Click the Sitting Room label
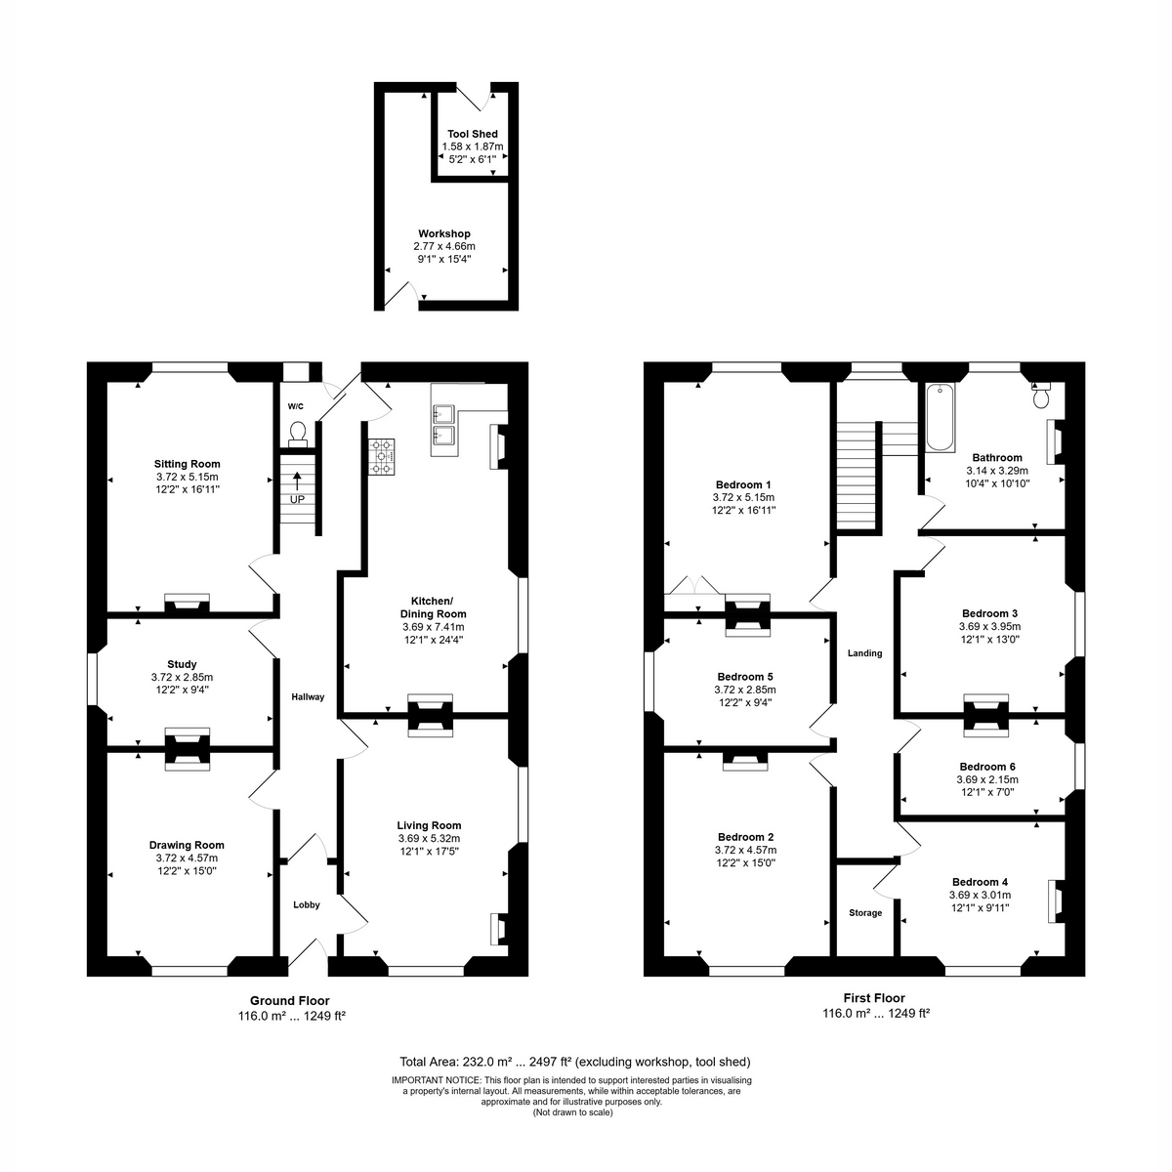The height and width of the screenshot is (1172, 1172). point(187,464)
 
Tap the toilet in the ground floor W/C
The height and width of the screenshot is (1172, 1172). point(298,435)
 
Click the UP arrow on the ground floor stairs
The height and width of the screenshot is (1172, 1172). point(298,481)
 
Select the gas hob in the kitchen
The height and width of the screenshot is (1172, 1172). point(381,457)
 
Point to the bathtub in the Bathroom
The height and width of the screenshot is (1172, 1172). point(941,417)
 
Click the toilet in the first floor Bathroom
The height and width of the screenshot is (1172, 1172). point(1040,396)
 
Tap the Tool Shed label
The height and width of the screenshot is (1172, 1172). point(473,134)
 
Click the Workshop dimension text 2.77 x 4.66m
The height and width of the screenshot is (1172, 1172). point(444,246)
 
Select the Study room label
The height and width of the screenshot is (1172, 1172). point(182,664)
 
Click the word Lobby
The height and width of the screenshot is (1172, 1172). point(307,905)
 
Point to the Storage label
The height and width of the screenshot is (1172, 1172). point(865,913)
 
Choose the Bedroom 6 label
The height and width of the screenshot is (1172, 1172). point(987,767)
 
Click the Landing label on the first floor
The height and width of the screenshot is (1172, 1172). point(865,653)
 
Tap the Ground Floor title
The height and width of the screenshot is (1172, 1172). point(289,1000)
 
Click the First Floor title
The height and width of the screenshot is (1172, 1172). point(874,998)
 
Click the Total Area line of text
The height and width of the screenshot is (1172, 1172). point(574,1062)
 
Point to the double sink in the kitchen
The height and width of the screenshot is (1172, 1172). point(444,424)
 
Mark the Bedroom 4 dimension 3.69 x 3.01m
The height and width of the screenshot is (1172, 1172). point(980,895)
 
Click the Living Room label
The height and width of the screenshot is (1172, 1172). point(429,825)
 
